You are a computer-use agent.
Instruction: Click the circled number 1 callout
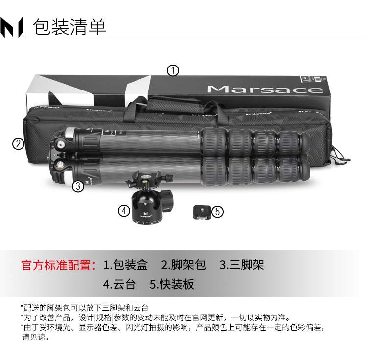coord(173,70)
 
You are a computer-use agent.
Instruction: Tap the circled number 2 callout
coord(18,144)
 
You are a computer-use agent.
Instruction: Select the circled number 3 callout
coord(78,186)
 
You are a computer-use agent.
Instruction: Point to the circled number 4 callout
coord(124,211)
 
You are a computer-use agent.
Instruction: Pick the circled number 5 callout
coord(217,212)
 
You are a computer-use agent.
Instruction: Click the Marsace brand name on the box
coord(265,89)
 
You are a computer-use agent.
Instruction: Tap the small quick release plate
coord(202,212)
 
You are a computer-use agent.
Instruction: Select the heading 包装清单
coord(69,27)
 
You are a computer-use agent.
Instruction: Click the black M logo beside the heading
coord(11,27)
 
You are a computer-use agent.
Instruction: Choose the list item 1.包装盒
coord(125,265)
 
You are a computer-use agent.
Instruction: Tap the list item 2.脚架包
coord(183,265)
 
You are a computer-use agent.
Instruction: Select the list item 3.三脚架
coord(242,265)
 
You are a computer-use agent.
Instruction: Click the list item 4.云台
coord(119,285)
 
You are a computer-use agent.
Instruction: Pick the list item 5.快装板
coord(172,285)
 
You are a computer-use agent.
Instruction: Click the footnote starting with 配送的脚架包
coord(85,308)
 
